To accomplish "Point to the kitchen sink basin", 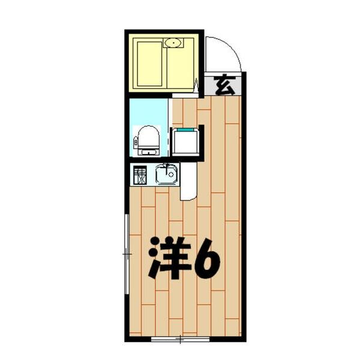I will click(x=166, y=175).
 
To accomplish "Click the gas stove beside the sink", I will click(x=140, y=175).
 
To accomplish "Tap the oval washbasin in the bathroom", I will click(x=175, y=43).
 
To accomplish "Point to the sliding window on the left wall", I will click(x=126, y=255).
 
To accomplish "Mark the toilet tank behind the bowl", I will click(x=136, y=140).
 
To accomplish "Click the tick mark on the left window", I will click(x=126, y=255).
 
